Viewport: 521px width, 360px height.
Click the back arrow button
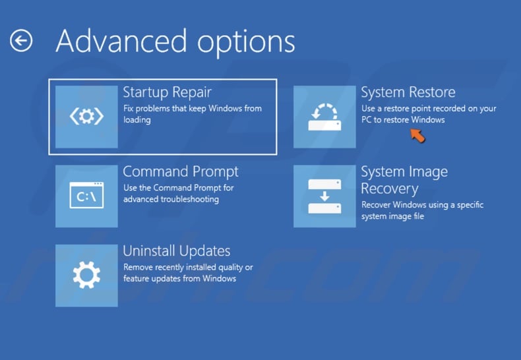21,41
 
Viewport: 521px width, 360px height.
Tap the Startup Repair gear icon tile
86,117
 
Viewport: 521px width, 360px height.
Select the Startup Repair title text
167,92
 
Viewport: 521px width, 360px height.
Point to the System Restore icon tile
324,117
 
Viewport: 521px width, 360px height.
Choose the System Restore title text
408,92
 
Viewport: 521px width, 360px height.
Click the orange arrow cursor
417,135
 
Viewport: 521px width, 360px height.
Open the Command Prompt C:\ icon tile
86,196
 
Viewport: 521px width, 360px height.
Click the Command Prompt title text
180,171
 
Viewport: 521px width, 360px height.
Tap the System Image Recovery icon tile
324,196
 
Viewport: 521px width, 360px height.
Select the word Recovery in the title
389,189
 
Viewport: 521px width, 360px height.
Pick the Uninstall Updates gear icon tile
86,275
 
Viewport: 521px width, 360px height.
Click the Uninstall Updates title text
176,251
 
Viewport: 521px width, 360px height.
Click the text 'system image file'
392,216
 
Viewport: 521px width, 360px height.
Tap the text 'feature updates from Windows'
179,279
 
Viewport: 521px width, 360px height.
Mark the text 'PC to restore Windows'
402,120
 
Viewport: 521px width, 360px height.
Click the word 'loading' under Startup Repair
137,120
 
